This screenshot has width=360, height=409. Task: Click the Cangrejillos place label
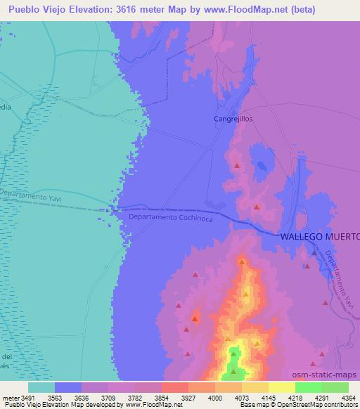233,119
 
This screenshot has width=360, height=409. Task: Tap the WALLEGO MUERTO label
320,237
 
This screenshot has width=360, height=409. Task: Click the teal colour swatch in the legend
41,387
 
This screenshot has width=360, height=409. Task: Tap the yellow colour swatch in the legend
281,387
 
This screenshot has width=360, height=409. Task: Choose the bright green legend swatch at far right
335,387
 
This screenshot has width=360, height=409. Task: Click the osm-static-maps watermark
330,375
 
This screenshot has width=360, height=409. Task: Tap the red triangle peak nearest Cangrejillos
237,166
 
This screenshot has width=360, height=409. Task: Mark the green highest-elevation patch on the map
236,371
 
